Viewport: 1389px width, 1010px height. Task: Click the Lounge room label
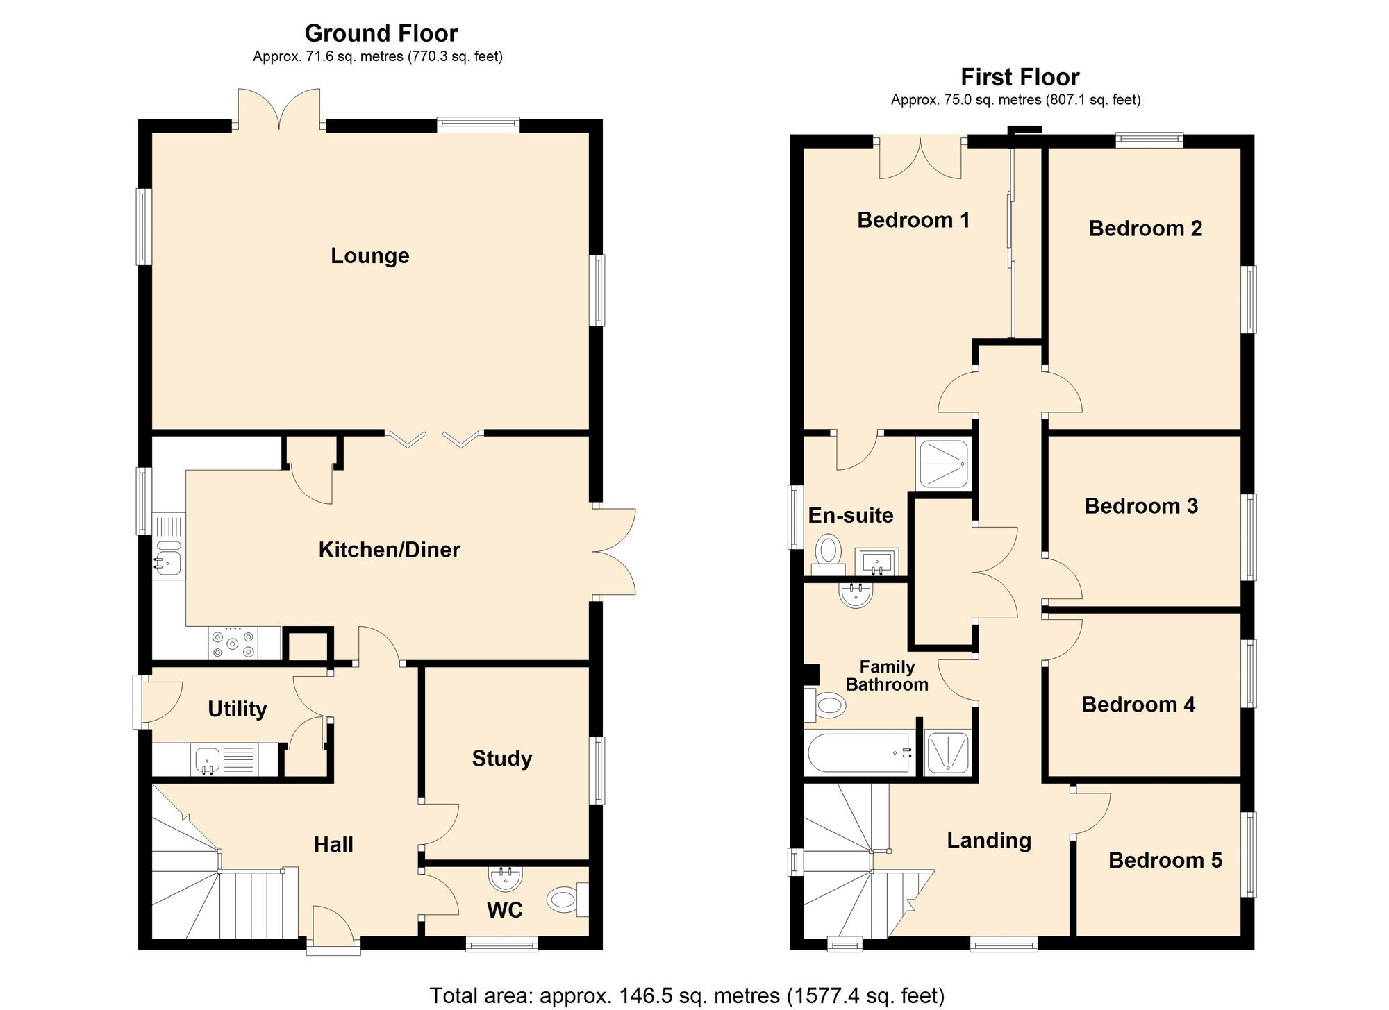coord(369,255)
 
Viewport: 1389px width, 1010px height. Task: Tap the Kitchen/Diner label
coord(389,550)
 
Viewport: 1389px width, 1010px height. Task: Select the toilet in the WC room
coord(565,900)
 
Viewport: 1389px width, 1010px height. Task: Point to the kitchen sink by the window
coord(168,559)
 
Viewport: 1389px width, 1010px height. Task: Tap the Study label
coord(502,758)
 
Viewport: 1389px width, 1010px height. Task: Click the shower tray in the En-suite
coord(943,463)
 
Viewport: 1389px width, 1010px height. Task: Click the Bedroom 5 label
coord(1165,860)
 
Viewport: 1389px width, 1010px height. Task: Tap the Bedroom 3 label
coord(1141,506)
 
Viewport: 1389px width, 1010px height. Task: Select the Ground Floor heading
coord(381,33)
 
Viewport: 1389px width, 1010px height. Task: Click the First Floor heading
coord(1020,77)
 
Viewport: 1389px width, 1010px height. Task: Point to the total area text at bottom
coord(687,995)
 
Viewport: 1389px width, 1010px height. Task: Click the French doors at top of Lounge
coord(279,111)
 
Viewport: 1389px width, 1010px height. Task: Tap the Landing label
coord(989,841)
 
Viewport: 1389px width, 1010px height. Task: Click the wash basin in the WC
coord(506,879)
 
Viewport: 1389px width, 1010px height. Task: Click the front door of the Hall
coord(333,930)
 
